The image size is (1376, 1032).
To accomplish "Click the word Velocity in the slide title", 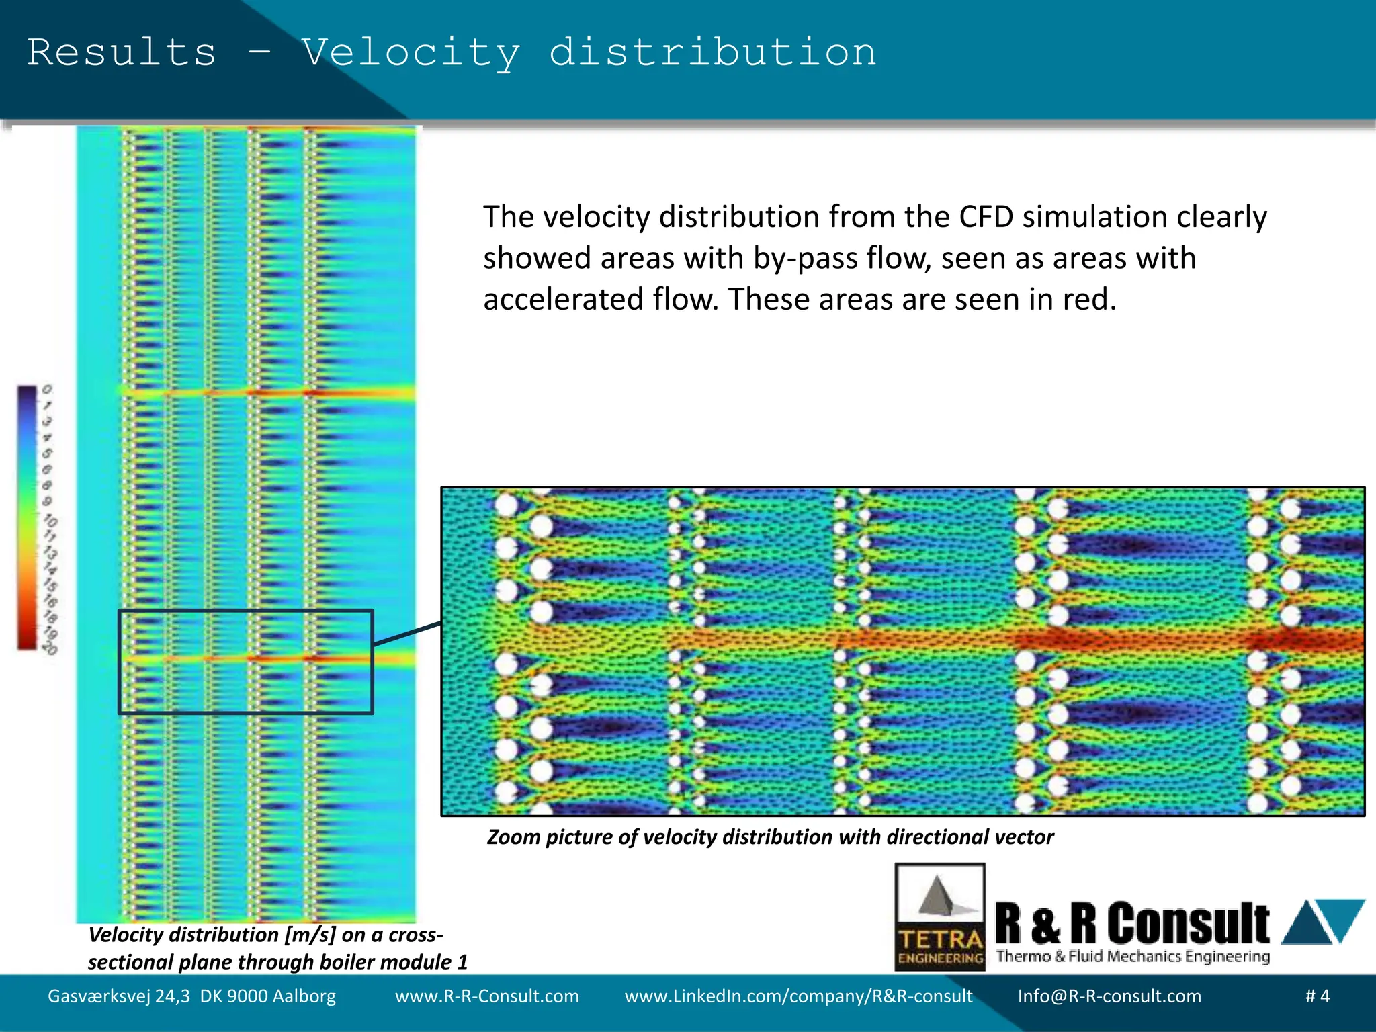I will [x=411, y=53].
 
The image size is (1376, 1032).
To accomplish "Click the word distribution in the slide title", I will [x=713, y=53].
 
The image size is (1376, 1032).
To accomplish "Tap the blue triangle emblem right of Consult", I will [x=1322, y=921].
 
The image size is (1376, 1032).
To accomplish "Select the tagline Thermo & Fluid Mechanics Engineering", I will [x=1133, y=957].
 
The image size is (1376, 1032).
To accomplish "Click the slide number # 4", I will [x=1317, y=996].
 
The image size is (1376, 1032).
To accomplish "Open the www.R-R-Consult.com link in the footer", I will [x=486, y=996].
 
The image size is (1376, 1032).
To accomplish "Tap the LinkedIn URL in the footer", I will [x=798, y=996].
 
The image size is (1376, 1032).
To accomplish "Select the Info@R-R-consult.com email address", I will [x=1109, y=996].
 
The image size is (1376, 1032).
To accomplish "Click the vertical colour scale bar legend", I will [x=27, y=517].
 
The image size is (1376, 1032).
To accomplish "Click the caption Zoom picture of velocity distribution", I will [x=770, y=837].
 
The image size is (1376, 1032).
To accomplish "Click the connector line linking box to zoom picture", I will [x=407, y=634].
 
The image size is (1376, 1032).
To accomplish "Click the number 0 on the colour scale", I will [x=46, y=390].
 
